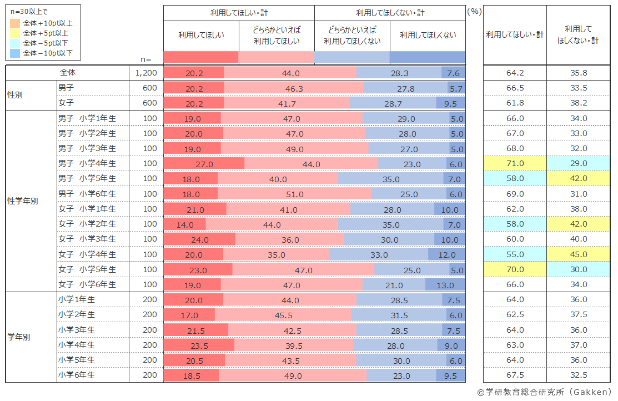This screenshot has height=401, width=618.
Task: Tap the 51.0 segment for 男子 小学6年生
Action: (295, 194)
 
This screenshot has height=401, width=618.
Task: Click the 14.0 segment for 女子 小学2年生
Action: (185, 224)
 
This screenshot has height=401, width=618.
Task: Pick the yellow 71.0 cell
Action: (515, 163)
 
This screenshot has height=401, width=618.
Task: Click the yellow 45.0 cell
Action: (579, 254)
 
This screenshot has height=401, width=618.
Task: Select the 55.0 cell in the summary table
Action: (515, 254)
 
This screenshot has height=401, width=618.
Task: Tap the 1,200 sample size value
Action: (146, 73)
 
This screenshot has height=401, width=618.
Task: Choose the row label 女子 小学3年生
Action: (87, 239)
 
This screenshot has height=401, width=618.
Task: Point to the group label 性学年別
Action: (22, 201)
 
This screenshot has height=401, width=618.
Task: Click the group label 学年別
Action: (19, 337)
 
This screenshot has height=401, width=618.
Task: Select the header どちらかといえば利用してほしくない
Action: (352, 35)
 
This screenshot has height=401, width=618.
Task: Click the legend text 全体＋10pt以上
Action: (48, 23)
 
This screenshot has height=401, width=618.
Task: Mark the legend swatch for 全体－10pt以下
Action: (15, 53)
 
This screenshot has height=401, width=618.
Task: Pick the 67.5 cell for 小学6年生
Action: (515, 375)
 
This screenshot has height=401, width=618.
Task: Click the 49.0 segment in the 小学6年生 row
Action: (293, 375)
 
